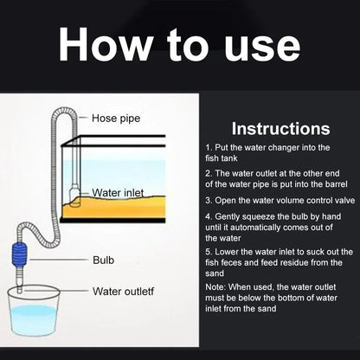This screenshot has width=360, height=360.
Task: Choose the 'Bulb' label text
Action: [104, 259]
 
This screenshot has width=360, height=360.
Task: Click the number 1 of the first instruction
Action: [209, 148]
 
